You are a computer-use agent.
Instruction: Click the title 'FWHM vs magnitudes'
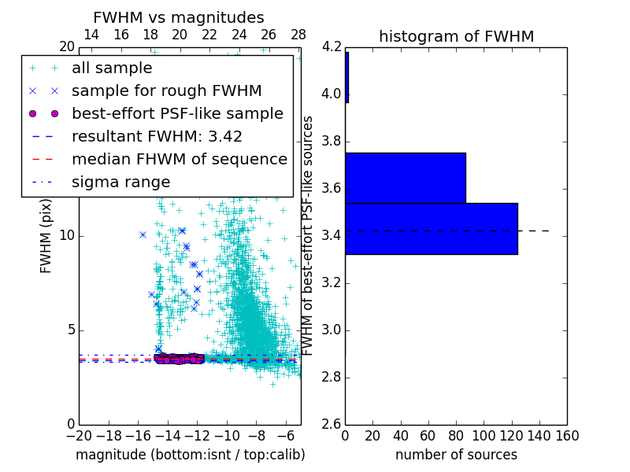[179, 17]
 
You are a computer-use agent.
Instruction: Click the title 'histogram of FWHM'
[456, 36]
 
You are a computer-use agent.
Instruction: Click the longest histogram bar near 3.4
[431, 228]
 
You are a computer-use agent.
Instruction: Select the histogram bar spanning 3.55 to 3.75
[405, 177]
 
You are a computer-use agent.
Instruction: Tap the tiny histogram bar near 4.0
[346, 77]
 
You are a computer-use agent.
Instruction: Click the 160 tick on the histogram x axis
[567, 435]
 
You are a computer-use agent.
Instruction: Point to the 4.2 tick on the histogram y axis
[332, 47]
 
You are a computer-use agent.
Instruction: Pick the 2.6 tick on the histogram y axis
[332, 424]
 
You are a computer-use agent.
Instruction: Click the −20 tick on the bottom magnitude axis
[79, 435]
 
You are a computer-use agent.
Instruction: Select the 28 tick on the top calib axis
[298, 35]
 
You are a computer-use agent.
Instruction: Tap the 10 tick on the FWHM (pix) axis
[68, 236]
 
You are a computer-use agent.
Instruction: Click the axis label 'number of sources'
[456, 455]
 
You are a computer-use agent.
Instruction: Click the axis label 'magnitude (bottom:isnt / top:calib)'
[190, 455]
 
